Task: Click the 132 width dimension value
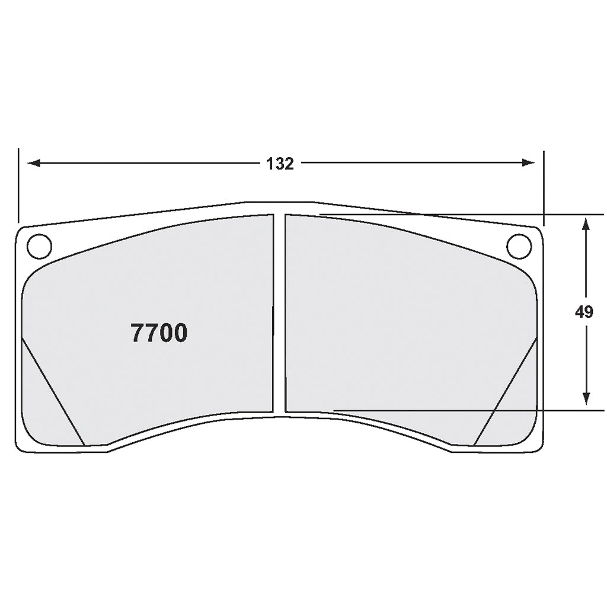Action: pyautogui.click(x=280, y=164)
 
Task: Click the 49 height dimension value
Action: pyautogui.click(x=584, y=312)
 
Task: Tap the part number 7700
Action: pyautogui.click(x=159, y=334)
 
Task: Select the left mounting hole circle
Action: pyautogui.click(x=40, y=246)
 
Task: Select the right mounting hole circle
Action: pyautogui.click(x=519, y=246)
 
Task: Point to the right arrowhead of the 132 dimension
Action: pyautogui.click(x=528, y=163)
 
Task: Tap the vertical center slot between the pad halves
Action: pyautogui.click(x=279, y=314)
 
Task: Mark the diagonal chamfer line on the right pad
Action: pyautogui.click(x=506, y=391)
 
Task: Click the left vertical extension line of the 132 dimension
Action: pyautogui.click(x=18, y=184)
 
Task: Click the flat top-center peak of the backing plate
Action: pyautogui.click(x=279, y=203)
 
